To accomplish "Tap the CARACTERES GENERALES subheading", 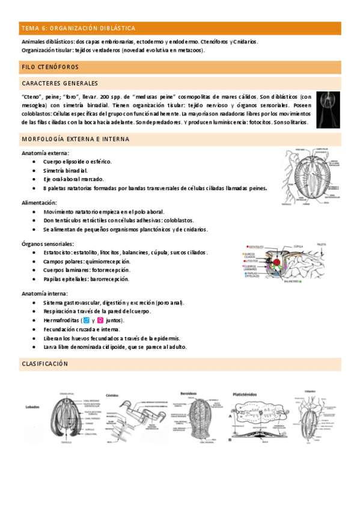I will coord(59,83).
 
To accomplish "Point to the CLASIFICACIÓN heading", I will coord(45,364).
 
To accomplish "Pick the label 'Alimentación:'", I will coord(39,203).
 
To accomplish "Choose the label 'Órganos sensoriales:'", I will coord(47,244).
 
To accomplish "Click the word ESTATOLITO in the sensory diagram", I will coord(259,246).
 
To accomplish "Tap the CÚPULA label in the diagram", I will coord(297,245).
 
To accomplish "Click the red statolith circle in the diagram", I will coord(277,262).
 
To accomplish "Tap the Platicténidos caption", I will coord(246,394).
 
